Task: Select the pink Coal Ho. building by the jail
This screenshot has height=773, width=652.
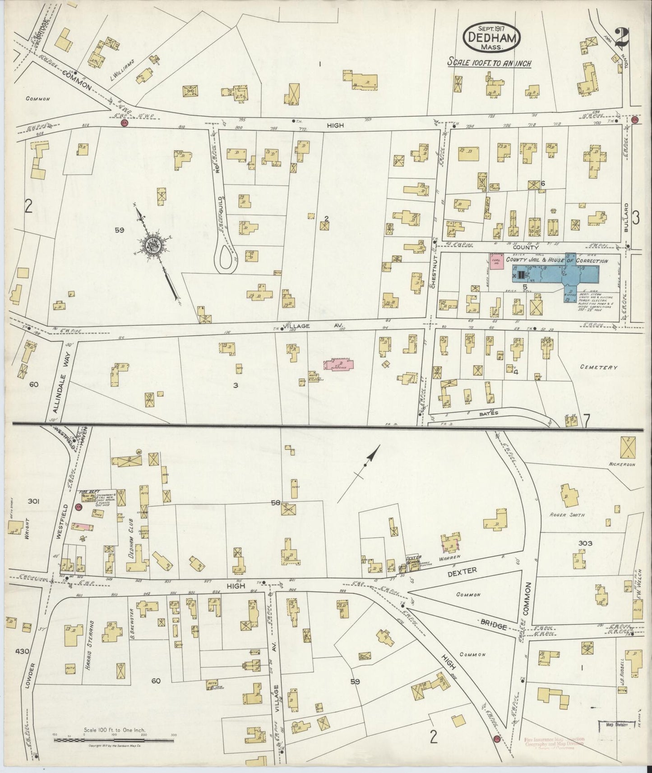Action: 496,262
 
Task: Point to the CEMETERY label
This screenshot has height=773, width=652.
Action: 599,367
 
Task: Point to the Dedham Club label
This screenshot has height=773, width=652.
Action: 132,542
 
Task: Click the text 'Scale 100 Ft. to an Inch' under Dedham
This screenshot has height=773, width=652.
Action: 489,63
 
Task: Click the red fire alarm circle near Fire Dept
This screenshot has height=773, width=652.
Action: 78,507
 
